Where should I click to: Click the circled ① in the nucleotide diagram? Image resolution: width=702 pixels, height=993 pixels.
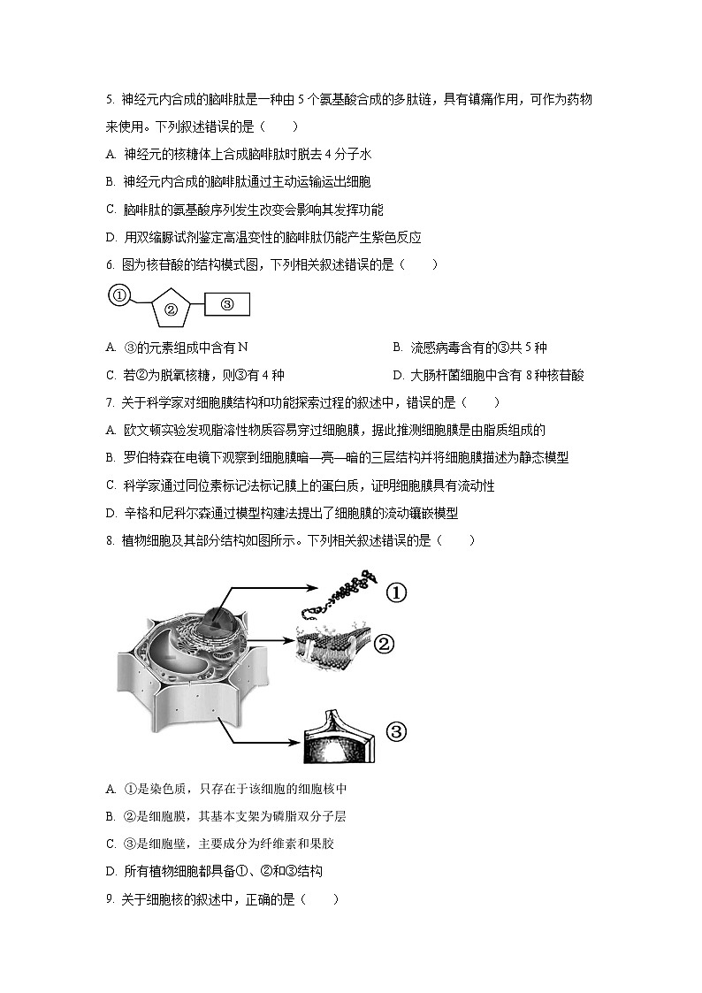(x=119, y=295)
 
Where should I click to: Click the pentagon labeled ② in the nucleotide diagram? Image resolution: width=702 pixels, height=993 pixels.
(x=172, y=309)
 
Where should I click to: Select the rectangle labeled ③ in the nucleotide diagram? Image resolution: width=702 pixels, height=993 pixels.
(x=227, y=304)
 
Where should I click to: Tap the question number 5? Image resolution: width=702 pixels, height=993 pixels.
(x=109, y=100)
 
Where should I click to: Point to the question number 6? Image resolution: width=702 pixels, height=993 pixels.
(x=109, y=264)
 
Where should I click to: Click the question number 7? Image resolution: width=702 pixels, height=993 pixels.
(x=109, y=402)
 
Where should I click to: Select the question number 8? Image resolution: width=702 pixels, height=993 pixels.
(x=109, y=540)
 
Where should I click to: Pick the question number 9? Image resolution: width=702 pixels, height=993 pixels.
(x=109, y=899)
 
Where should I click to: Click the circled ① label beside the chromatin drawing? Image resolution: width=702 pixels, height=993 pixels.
(x=395, y=593)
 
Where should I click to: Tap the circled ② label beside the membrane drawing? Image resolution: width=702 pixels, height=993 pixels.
(x=384, y=643)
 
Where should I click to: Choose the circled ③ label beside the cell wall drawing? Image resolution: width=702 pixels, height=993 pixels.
(x=395, y=731)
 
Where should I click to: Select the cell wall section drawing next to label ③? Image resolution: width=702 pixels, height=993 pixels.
(x=341, y=734)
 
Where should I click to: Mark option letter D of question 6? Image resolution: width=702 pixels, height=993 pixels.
(x=398, y=375)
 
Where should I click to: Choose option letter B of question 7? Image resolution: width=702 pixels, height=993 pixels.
(x=111, y=457)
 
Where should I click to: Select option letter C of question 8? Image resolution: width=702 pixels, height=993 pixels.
(x=111, y=844)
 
